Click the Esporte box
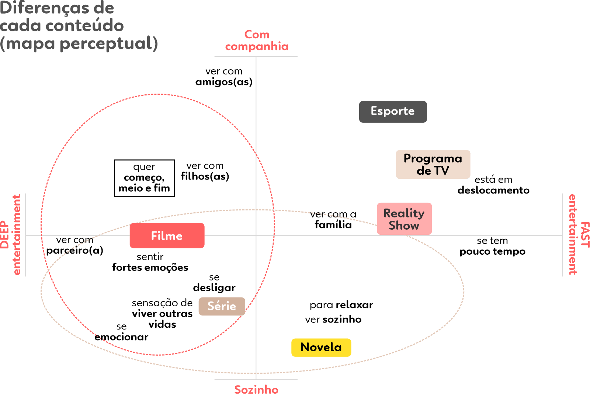tap(393, 111)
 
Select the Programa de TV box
tap(433, 164)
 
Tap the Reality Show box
tap(404, 219)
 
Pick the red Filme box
tap(167, 236)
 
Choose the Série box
tap(222, 306)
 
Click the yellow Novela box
tap(321, 347)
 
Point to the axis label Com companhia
tap(257, 41)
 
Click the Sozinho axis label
tap(256, 389)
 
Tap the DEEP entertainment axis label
tap(11, 235)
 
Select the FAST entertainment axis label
tap(578, 235)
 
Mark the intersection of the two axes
tap(256, 236)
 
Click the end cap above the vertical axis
tap(256, 57)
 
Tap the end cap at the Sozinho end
tap(256, 380)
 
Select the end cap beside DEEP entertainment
tap(25, 235)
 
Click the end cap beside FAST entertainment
tap(562, 235)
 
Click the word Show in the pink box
tap(404, 225)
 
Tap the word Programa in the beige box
tap(433, 158)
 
